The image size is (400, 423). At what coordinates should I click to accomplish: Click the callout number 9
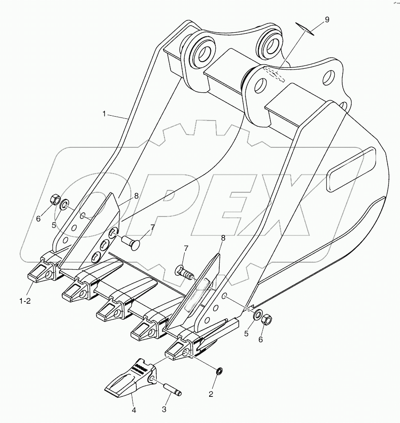point(327,20)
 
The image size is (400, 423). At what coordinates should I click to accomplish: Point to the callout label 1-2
point(25,301)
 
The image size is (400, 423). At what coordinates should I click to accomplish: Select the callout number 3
point(164,410)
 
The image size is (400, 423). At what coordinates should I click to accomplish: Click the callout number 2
point(211,393)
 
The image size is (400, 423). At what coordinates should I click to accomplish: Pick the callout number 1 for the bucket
point(104,114)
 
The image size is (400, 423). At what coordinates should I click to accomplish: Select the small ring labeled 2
point(219,371)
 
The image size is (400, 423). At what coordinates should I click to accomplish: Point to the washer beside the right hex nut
point(257,315)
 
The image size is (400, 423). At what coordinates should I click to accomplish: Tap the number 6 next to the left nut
point(38,218)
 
